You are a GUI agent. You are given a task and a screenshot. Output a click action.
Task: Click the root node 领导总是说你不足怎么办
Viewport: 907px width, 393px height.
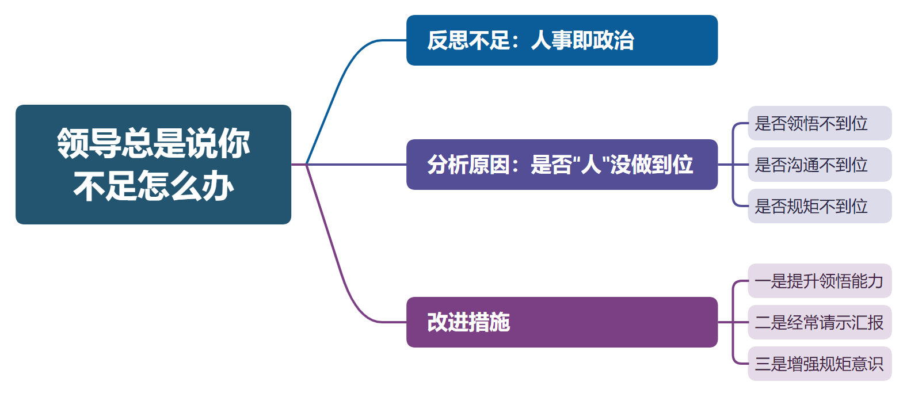click(x=153, y=165)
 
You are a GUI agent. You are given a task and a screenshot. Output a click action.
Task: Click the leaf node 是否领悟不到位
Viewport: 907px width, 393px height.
click(x=820, y=123)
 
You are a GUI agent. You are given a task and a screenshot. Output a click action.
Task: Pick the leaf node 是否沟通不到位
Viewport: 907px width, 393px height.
click(x=820, y=165)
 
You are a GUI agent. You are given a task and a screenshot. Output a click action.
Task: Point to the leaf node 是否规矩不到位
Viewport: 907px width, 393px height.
click(x=820, y=206)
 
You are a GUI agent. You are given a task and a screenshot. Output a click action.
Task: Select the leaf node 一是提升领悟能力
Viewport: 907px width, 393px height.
click(x=820, y=281)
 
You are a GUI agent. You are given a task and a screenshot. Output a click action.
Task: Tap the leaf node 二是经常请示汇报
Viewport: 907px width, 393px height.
click(x=820, y=322)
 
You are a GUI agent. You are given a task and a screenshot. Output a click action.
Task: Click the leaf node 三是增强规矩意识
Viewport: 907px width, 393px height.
click(x=820, y=364)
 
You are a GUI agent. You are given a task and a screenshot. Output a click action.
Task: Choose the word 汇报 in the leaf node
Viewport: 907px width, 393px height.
click(x=867, y=323)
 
